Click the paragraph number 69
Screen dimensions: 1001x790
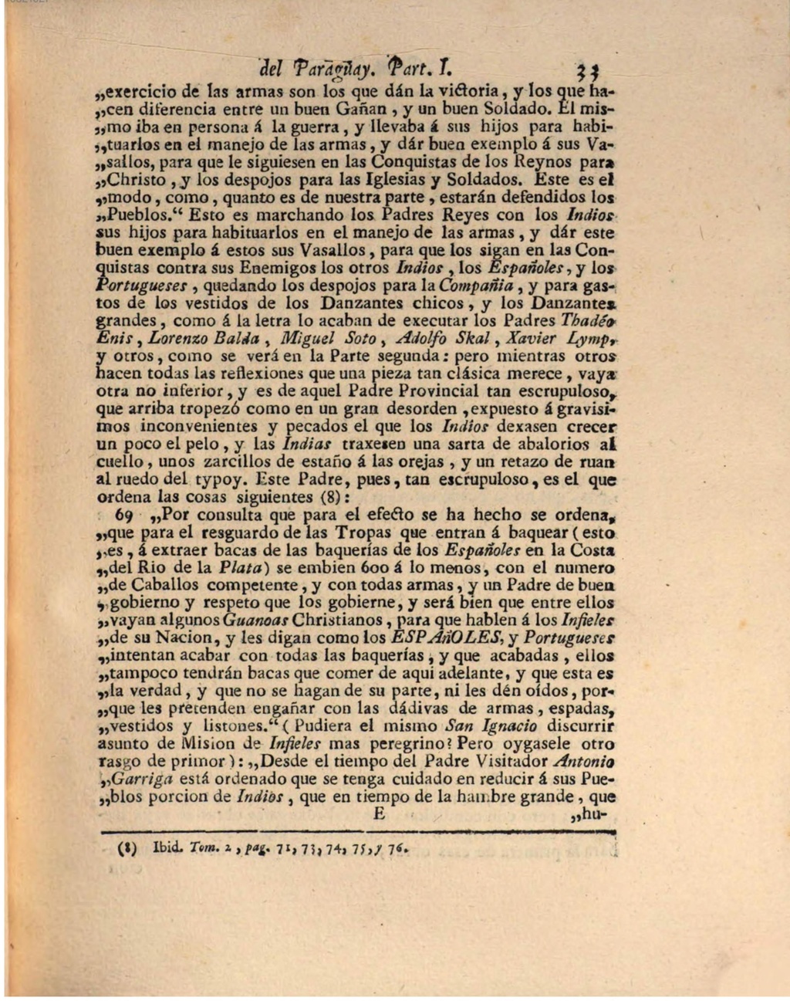pyautogui.click(x=124, y=515)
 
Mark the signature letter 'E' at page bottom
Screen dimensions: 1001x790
pyautogui.click(x=379, y=815)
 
